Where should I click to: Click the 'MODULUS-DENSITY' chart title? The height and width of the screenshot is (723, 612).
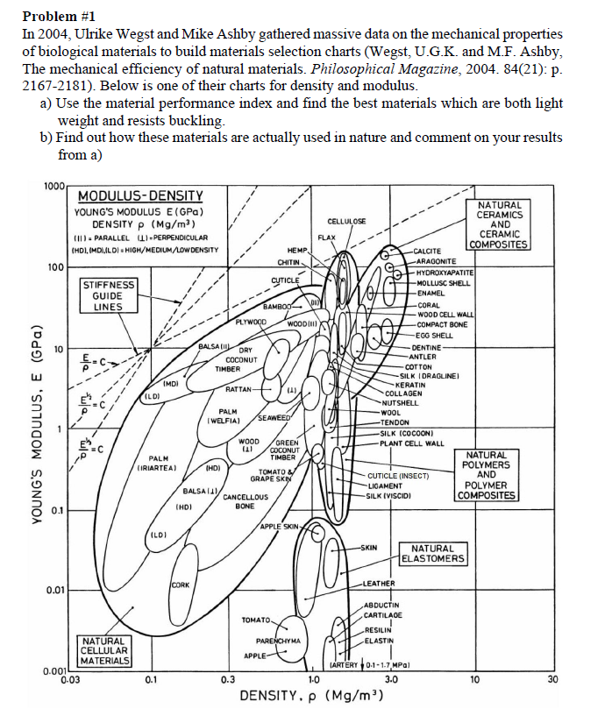140,195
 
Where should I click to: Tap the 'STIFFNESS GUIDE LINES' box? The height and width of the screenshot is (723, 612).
110,295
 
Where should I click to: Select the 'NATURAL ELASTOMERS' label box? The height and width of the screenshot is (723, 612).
433,553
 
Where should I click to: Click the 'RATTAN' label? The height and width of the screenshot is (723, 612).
238,388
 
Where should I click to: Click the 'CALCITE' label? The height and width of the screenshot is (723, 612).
430,251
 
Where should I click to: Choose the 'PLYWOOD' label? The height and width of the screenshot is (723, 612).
251,320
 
